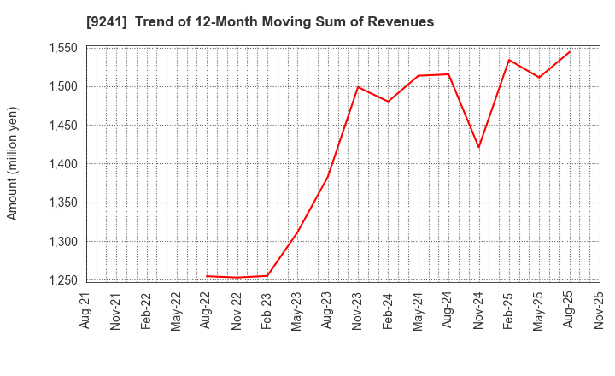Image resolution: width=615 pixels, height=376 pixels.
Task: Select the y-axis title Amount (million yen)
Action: coord(13,163)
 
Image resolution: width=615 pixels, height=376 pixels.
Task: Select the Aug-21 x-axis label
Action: coord(86,309)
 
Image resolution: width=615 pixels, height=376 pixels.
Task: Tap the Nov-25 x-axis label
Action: coord(600,309)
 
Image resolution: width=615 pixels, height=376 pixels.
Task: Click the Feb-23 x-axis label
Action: coord(267,309)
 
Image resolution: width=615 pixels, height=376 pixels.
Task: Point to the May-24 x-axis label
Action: coord(419,309)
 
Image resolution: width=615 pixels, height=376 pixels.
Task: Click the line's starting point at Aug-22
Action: coord(207,276)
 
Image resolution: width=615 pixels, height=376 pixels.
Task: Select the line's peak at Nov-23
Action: coord(358,86)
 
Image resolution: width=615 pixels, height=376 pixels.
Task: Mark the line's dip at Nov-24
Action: coord(478,147)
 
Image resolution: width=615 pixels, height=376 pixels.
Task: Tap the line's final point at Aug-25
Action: coord(570,51)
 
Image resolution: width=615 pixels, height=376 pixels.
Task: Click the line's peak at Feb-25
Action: coord(509,60)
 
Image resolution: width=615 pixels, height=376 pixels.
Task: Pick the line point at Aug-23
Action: coord(327,178)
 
